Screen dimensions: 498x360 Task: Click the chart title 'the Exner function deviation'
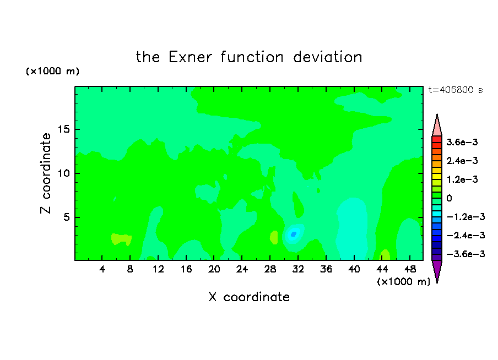click(x=249, y=57)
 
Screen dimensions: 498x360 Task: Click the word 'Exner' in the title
click(x=190, y=57)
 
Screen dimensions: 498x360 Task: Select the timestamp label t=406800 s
click(x=456, y=90)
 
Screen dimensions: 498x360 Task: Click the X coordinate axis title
click(x=249, y=297)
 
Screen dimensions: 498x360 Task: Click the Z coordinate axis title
click(x=46, y=173)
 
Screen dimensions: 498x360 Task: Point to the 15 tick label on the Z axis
click(x=64, y=129)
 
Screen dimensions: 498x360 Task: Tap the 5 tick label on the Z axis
click(x=67, y=217)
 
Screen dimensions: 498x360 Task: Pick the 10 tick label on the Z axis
click(x=64, y=173)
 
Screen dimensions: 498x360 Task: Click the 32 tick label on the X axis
click(x=298, y=270)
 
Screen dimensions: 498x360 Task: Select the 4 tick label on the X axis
click(x=102, y=270)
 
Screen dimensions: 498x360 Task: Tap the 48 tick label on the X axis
click(x=410, y=270)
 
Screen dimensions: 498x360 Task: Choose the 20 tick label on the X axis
click(x=214, y=270)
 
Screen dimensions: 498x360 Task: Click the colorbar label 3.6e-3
click(x=462, y=142)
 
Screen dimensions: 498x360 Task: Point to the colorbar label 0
click(x=449, y=198)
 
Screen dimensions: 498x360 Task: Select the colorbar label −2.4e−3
click(x=465, y=236)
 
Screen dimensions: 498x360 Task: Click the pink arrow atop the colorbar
click(x=437, y=126)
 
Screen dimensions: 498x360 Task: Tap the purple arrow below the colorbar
click(x=437, y=271)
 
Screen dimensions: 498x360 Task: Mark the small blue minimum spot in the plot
click(x=294, y=234)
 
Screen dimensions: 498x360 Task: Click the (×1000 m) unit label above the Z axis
click(x=52, y=71)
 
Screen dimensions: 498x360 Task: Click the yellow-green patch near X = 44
click(x=385, y=255)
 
